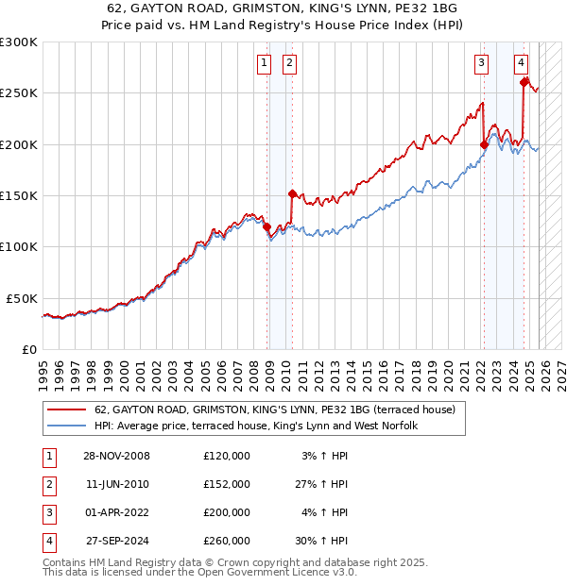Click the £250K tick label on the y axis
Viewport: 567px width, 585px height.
19,93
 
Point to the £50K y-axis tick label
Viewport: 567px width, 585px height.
22,298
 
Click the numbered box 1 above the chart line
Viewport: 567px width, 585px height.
263,63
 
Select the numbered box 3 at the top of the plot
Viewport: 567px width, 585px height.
481,63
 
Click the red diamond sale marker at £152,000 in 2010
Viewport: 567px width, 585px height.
292,193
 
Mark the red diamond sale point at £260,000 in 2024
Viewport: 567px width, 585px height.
524,83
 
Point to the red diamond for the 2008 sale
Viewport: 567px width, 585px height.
267,226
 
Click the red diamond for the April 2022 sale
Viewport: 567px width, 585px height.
484,144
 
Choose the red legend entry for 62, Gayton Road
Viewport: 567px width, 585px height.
274,409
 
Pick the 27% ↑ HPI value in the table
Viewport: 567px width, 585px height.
321,484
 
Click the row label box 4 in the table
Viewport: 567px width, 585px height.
46,542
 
